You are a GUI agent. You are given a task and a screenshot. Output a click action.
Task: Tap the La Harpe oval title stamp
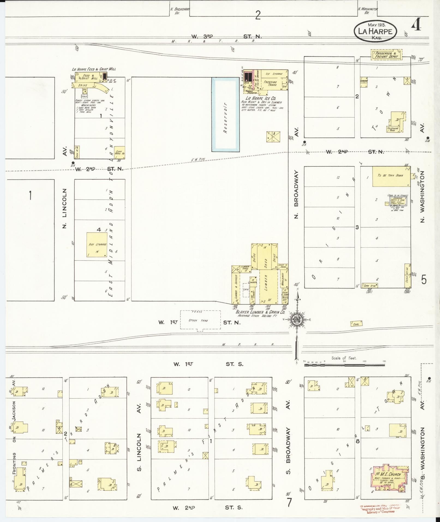[375, 31]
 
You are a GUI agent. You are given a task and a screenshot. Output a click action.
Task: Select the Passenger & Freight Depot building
[387, 55]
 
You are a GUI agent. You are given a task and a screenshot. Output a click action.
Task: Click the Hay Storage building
[97, 244]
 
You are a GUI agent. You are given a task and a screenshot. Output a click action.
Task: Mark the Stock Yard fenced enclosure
[200, 320]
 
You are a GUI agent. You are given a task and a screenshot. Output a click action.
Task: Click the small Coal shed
[356, 324]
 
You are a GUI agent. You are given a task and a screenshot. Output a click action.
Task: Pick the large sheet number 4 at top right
[416, 26]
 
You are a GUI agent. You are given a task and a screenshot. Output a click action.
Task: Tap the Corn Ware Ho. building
[119, 152]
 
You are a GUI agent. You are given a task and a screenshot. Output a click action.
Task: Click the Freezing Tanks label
[270, 83]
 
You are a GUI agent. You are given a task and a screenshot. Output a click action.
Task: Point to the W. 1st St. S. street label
[208, 364]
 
